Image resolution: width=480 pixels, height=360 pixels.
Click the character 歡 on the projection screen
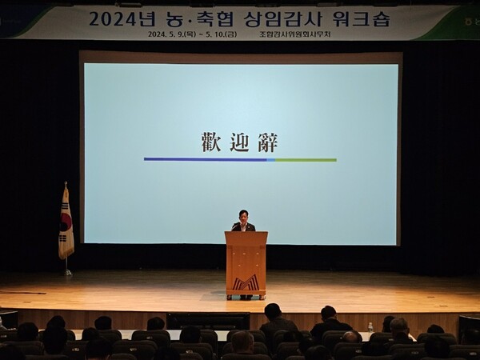click(210, 142)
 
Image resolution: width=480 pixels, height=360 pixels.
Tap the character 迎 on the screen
click(239, 142)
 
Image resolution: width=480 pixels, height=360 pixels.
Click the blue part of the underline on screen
click(205, 159)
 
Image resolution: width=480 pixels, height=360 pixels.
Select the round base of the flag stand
click(67, 273)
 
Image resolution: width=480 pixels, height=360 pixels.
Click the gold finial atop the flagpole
click(65, 185)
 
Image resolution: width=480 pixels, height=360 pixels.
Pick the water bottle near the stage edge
click(370, 328)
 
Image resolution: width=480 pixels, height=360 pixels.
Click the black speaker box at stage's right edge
click(468, 324)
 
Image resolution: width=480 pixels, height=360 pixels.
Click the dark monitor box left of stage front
click(8, 319)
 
